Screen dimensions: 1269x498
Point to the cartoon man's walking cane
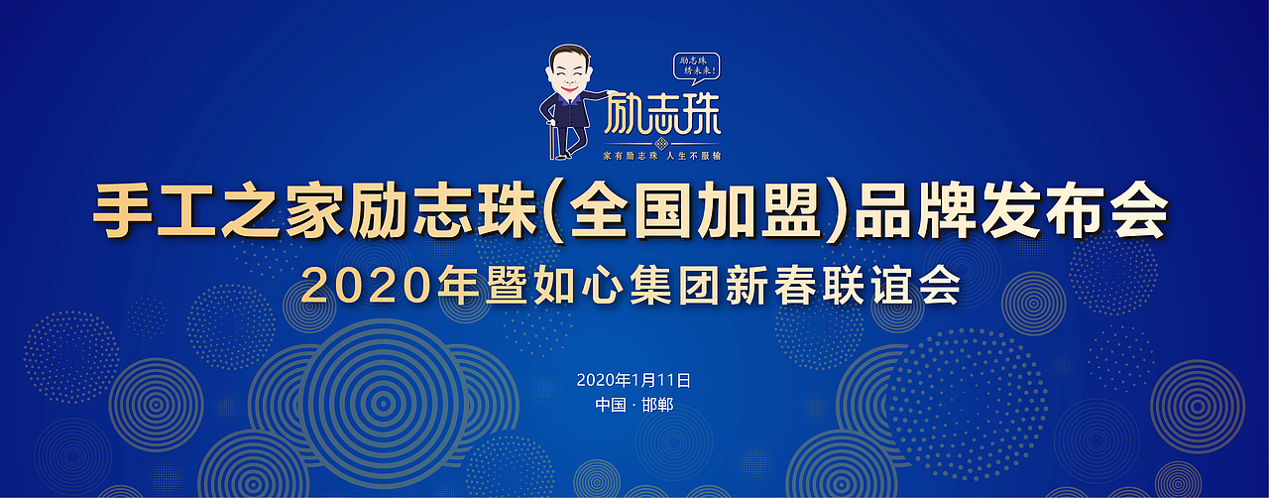pyautogui.click(x=551, y=139)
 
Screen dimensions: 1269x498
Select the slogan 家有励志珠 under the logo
pyautogui.click(x=631, y=156)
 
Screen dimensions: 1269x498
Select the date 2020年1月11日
pyautogui.click(x=634, y=380)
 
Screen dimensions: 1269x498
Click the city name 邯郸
pyautogui.click(x=657, y=405)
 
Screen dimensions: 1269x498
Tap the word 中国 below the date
pyautogui.click(x=610, y=405)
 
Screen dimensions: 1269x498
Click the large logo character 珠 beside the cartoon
pyautogui.click(x=700, y=114)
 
